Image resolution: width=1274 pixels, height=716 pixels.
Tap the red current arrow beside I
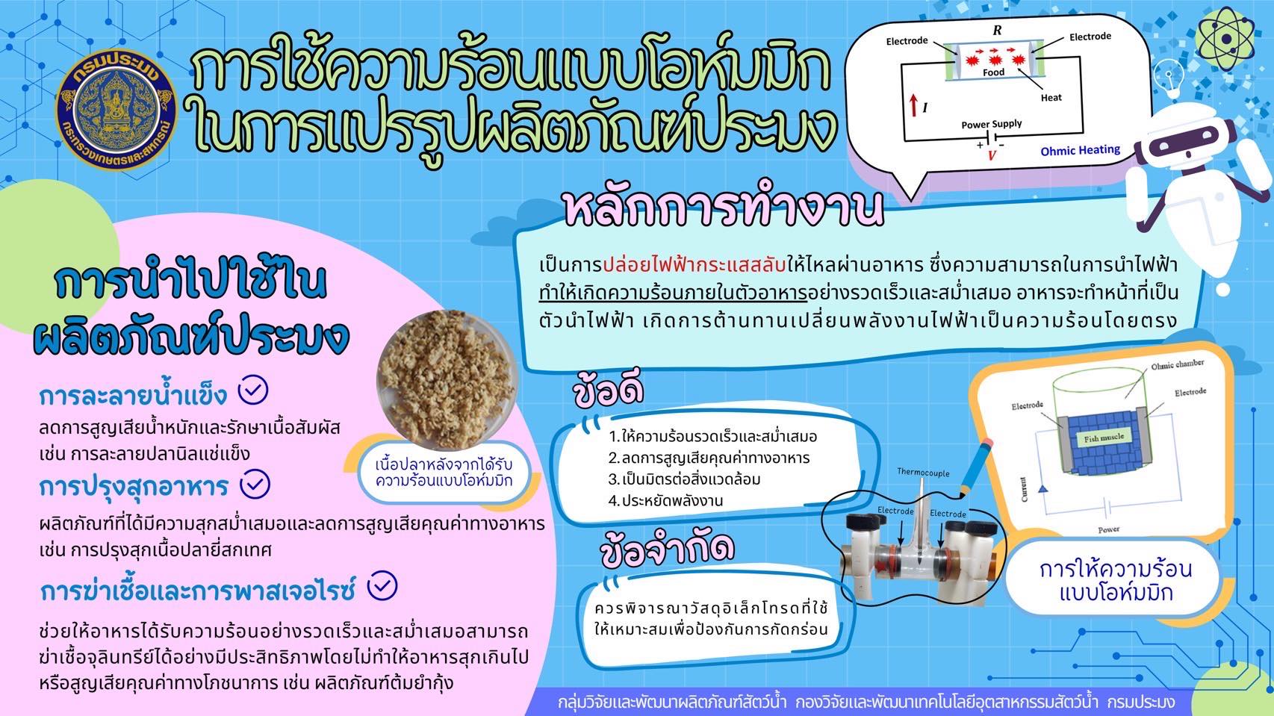coord(913,105)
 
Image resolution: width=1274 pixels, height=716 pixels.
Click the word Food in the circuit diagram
coord(993,72)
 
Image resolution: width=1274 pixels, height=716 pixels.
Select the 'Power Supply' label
coord(991,124)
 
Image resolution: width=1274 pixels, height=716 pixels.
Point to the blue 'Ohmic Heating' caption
coord(1080,150)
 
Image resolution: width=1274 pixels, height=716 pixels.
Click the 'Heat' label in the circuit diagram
coord(1051,98)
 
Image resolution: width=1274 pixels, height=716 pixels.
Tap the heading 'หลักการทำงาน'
coord(724,208)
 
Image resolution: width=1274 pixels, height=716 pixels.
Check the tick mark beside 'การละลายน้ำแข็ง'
coord(253,390)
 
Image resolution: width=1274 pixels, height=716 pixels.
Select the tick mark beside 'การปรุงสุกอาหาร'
coord(255,484)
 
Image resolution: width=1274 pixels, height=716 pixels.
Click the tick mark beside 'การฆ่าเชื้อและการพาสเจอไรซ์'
coord(382,586)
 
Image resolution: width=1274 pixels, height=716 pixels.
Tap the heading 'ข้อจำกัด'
coord(667,550)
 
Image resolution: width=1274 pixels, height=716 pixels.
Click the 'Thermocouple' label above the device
coord(923,472)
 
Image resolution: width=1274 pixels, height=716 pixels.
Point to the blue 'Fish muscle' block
coord(1103,439)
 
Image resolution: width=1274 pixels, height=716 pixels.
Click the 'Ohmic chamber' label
coord(1177,365)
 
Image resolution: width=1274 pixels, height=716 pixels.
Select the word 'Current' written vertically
coord(1023,489)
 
